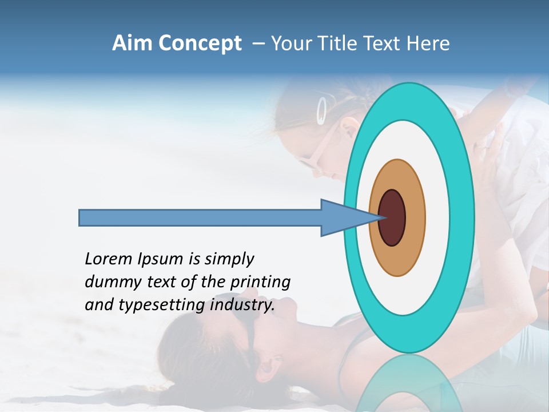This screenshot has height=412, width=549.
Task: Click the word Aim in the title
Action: tap(132, 43)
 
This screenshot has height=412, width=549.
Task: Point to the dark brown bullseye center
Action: tap(392, 217)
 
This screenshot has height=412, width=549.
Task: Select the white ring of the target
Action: tap(440, 217)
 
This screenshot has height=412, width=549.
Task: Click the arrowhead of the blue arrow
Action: tap(343, 217)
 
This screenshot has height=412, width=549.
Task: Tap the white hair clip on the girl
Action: tap(323, 110)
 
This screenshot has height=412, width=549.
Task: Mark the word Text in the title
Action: tap(387, 43)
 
